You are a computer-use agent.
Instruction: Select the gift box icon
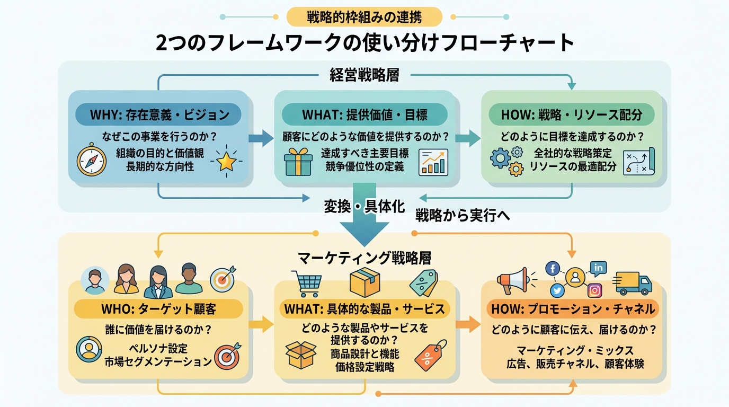point(298,162)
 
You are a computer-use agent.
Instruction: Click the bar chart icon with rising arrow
point(433,162)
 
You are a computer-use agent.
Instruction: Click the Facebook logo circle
point(553,268)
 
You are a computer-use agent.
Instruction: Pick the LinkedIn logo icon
point(599,268)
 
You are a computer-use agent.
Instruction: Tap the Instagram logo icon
point(595,290)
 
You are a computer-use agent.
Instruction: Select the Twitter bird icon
point(557,290)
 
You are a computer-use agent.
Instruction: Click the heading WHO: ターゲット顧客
point(158,309)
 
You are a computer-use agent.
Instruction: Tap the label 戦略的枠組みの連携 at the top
point(364,17)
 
